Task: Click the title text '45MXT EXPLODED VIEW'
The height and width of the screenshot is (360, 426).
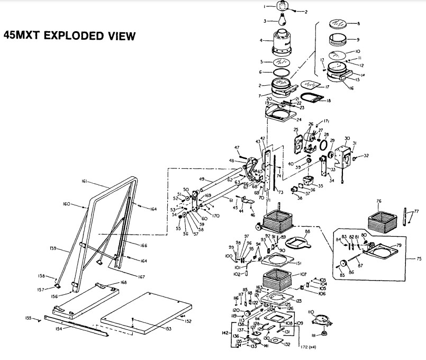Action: click(x=70, y=36)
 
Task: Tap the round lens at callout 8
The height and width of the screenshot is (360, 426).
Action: click(x=337, y=24)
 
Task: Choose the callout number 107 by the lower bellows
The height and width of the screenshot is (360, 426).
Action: click(x=304, y=275)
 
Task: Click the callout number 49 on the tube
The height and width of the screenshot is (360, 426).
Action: click(x=202, y=179)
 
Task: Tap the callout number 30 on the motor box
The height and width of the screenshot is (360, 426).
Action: click(x=347, y=138)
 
